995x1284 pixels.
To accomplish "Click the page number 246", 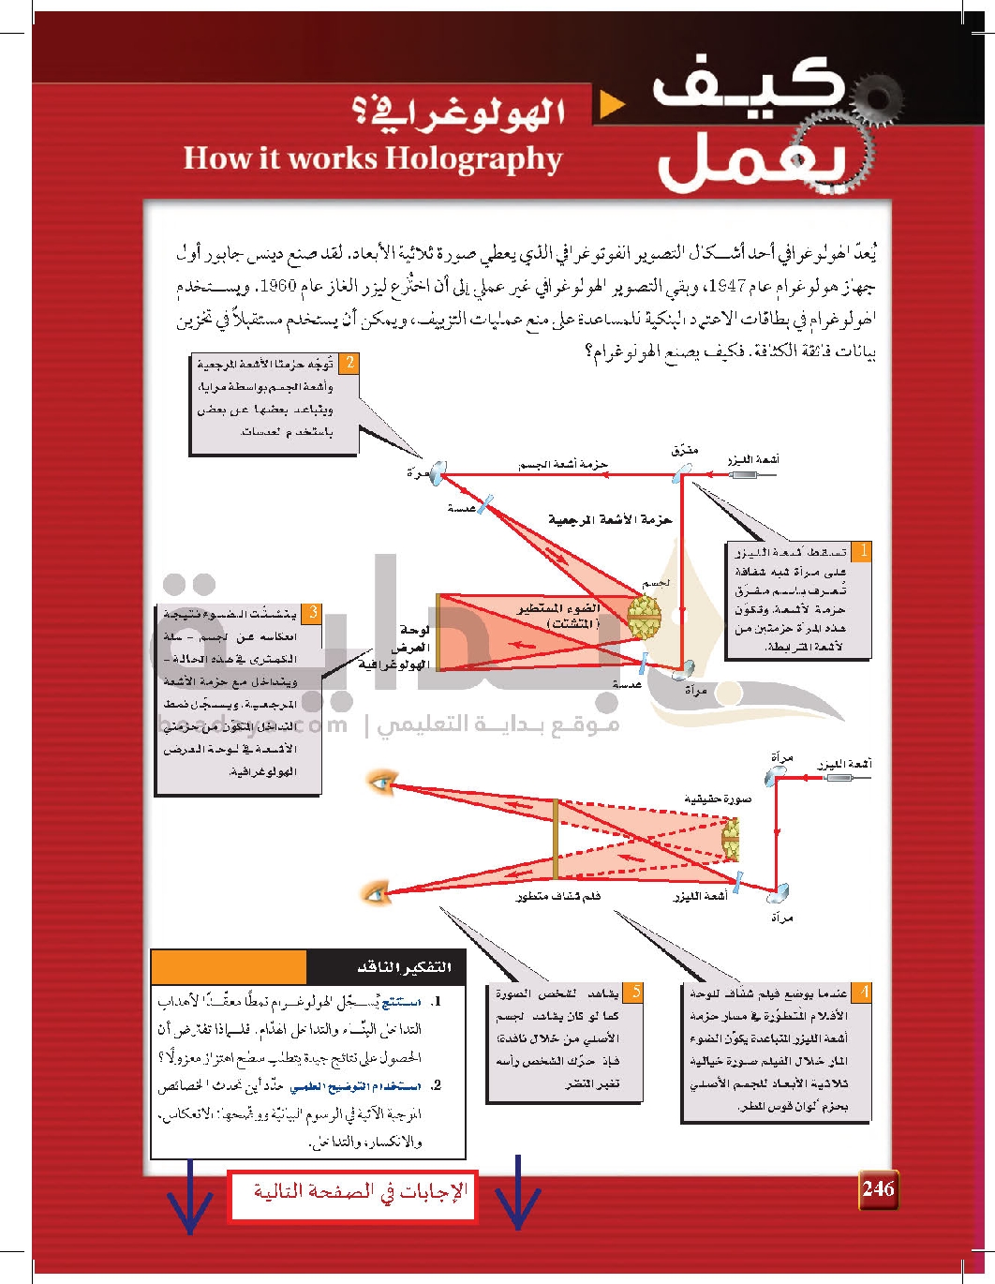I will pos(878,1188).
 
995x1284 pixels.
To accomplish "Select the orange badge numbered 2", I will pos(349,363).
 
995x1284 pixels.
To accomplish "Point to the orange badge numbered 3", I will pos(312,613).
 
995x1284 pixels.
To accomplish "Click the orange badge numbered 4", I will pos(863,992).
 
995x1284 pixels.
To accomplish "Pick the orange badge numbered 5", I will pos(634,992).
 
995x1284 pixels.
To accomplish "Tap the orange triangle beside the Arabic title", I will pos(612,104).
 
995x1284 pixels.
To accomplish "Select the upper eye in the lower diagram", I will pos(381,782).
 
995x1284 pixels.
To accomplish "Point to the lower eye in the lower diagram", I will pos(377,893).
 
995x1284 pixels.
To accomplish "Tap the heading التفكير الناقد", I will pos(405,967).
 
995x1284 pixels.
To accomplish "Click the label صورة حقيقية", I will pos(718,799).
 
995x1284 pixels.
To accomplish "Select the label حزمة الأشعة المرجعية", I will pos(610,519).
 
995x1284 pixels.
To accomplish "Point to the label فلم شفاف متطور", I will pos(558,897).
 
